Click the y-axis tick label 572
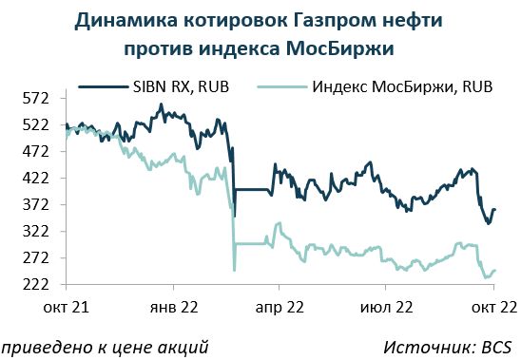click(35, 99)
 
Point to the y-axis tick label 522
click(35, 125)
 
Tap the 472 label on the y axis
click(35, 152)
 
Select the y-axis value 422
click(35, 179)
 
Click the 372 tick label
click(35, 205)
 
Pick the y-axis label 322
click(35, 232)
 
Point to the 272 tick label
click(35, 258)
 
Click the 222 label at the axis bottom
click(35, 285)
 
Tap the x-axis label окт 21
click(67, 307)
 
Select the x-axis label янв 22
click(174, 307)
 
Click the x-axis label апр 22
click(280, 308)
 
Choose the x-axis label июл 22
click(386, 307)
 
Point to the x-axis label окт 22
click(494, 307)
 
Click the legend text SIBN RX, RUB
click(181, 87)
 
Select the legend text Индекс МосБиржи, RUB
click(402, 87)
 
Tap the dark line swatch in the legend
click(103, 87)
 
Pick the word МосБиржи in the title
click(340, 48)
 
